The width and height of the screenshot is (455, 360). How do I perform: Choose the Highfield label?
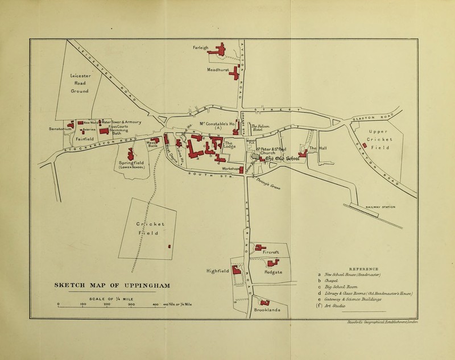[x=217, y=271]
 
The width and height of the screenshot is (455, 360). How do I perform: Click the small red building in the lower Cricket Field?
[x=169, y=246]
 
